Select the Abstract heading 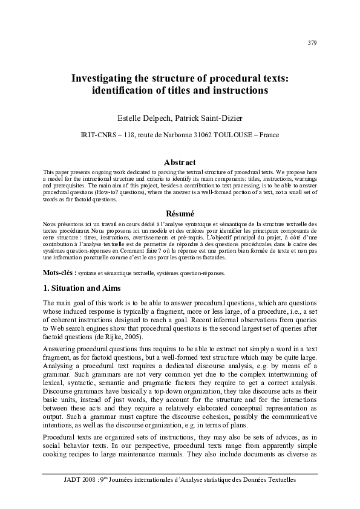180,162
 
